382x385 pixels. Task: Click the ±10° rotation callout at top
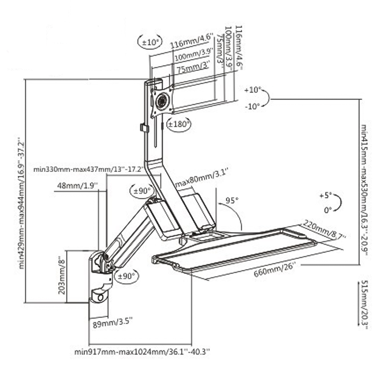149,42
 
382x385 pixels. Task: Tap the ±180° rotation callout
179,124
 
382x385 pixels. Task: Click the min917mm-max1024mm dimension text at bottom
142,352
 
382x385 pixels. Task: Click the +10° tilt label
252,90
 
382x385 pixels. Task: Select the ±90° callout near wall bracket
126,276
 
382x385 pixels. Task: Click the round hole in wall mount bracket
100,298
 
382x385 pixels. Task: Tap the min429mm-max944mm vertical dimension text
22,203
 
